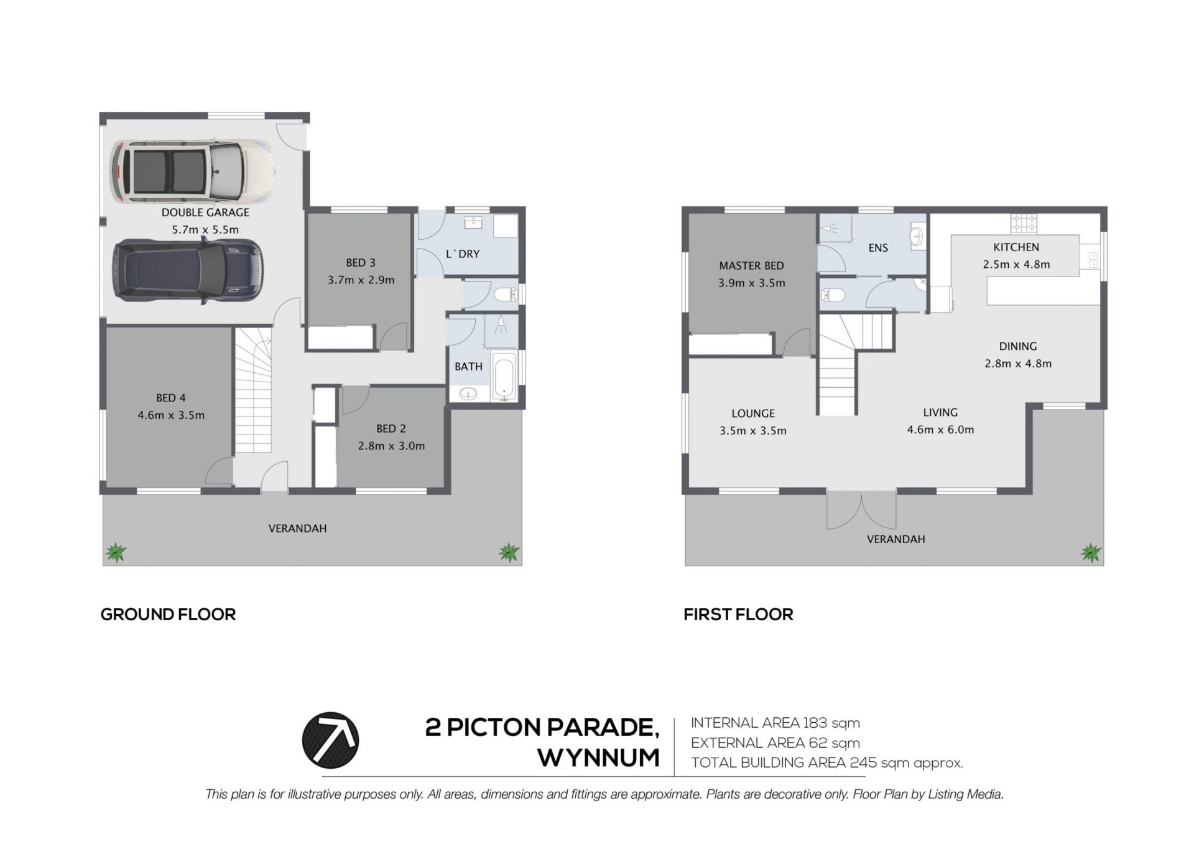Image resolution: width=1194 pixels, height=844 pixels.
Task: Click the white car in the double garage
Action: pos(193,171)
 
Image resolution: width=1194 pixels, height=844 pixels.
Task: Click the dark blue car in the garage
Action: pos(188,271)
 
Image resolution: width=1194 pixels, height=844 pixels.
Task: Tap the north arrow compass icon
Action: pos(330,740)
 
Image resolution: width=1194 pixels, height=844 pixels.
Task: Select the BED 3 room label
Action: pos(361,263)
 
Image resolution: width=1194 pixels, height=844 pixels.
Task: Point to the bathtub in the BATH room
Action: pos(504,375)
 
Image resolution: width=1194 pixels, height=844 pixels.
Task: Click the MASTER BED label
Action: pos(751,266)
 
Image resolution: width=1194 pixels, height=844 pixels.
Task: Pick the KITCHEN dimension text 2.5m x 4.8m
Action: pos(1016,264)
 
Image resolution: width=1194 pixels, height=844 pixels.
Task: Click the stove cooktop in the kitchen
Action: pos(1024,222)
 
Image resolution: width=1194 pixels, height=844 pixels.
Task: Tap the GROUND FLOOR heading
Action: pos(168,615)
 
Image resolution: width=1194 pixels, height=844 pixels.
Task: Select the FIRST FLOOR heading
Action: pos(738,615)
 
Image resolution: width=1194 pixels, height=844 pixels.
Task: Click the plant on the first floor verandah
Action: pos(1091,552)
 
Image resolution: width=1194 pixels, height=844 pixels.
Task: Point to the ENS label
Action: pos(878,248)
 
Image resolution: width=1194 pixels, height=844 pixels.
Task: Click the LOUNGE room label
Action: pos(753,413)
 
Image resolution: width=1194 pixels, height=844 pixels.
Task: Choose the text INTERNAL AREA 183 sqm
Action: pos(775,723)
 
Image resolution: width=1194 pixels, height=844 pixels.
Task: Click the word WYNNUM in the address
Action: pos(598,758)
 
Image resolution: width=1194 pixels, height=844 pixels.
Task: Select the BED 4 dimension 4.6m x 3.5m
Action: pos(171,415)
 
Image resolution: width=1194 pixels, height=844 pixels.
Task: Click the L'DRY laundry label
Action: pos(463,254)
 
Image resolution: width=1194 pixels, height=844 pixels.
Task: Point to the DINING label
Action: pos(1018,347)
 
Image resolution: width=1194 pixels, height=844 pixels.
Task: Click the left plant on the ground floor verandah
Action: pos(115,552)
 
